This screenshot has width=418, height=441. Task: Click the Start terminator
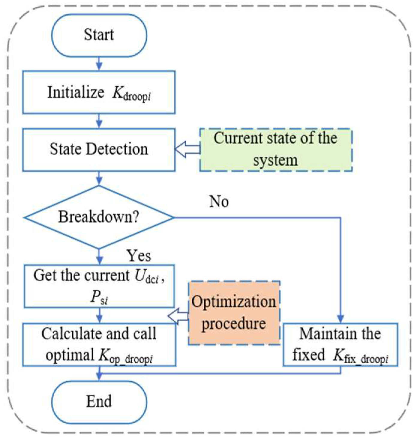pyautogui.click(x=99, y=35)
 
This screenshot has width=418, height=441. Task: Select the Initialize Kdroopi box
pyautogui.click(x=99, y=92)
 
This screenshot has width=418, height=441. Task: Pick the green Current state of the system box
pyautogui.click(x=276, y=150)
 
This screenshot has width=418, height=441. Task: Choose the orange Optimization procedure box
pyautogui.click(x=234, y=313)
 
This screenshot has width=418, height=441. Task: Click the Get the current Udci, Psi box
pyautogui.click(x=99, y=286)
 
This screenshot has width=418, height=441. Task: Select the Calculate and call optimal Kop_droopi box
pyautogui.click(x=99, y=345)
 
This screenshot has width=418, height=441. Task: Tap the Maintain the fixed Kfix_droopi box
pyautogui.click(x=340, y=345)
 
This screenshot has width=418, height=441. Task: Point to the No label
pyautogui.click(x=219, y=202)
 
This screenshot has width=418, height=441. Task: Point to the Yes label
pyautogui.click(x=139, y=256)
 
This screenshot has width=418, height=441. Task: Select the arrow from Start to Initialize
pyautogui.click(x=99, y=64)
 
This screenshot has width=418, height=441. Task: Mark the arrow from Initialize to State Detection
pyautogui.click(x=99, y=121)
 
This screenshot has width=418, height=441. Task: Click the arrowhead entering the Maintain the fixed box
pyautogui.click(x=340, y=319)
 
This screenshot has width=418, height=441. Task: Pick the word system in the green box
pyautogui.click(x=275, y=160)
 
